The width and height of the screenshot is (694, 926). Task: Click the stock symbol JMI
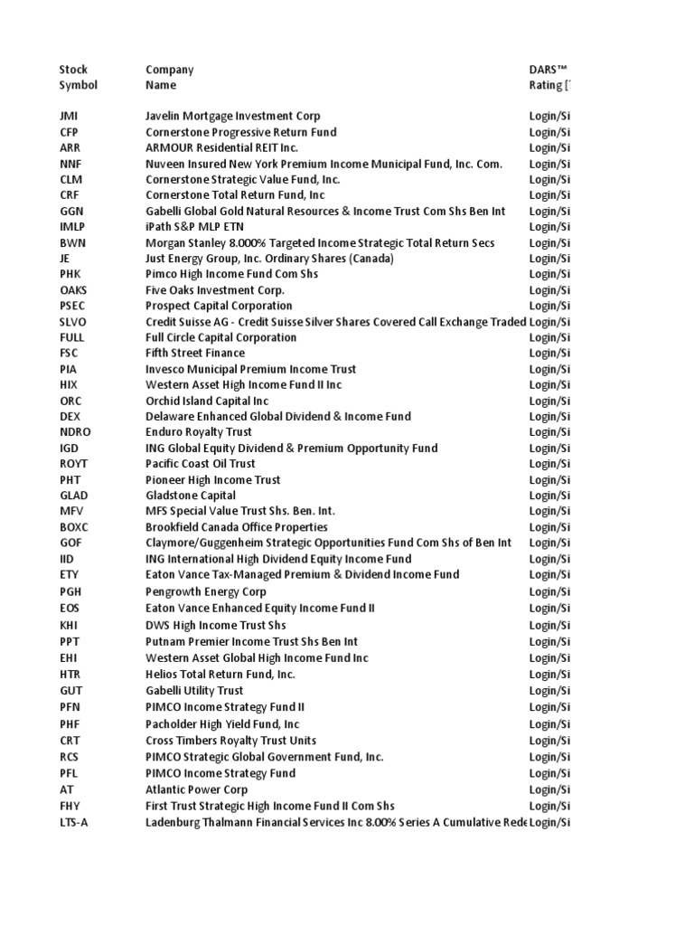69,116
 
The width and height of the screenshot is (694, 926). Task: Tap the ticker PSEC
73,306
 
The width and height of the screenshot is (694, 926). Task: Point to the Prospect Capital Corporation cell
219,306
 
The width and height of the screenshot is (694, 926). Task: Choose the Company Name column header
169,78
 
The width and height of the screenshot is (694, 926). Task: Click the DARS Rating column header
550,78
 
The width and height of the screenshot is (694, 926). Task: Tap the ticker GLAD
73,496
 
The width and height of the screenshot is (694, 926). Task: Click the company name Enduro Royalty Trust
199,432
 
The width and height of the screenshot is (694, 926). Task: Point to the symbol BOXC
74,527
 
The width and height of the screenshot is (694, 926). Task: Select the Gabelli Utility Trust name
194,691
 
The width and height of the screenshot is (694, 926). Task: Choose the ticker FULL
71,337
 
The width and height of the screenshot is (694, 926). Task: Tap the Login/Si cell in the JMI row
549,116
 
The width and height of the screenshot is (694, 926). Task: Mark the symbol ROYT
73,464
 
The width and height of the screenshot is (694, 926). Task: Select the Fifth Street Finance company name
194,353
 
